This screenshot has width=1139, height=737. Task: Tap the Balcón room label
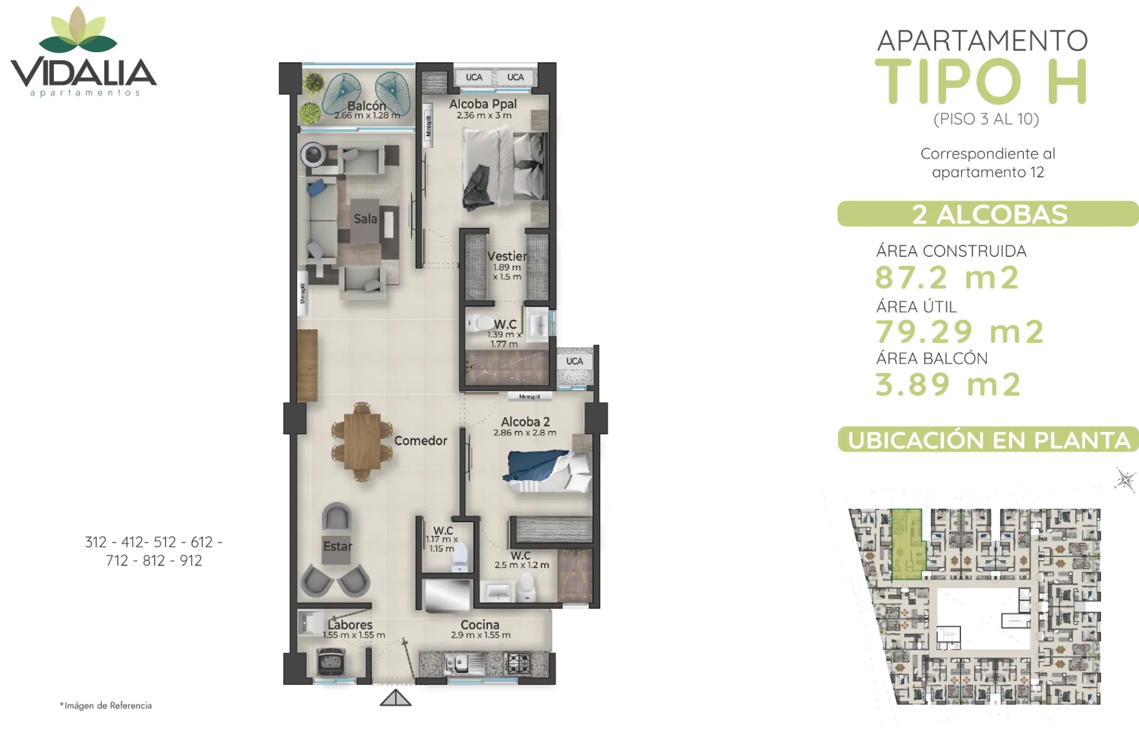pyautogui.click(x=366, y=106)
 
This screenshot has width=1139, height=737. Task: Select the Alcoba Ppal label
pyautogui.click(x=483, y=104)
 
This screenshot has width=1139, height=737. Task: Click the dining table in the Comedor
pyautogui.click(x=362, y=441)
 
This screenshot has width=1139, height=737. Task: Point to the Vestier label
pyautogui.click(x=507, y=256)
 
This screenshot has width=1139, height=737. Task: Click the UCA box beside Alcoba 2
pyautogui.click(x=574, y=361)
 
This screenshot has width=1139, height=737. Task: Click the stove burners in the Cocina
pyautogui.click(x=517, y=663)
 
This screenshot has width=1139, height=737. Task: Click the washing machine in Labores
pyautogui.click(x=331, y=661)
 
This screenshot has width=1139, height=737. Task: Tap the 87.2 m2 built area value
pyautogui.click(x=947, y=277)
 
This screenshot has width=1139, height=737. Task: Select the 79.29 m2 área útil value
pyautogui.click(x=959, y=331)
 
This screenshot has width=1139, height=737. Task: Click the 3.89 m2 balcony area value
pyautogui.click(x=948, y=384)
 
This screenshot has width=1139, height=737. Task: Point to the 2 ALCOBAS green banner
pyautogui.click(x=988, y=214)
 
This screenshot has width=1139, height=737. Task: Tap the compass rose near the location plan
pyautogui.click(x=1125, y=479)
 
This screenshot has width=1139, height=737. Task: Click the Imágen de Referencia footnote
pyautogui.click(x=106, y=706)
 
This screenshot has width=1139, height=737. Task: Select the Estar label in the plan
pyautogui.click(x=338, y=546)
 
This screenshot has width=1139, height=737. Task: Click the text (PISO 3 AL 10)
pyautogui.click(x=986, y=119)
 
